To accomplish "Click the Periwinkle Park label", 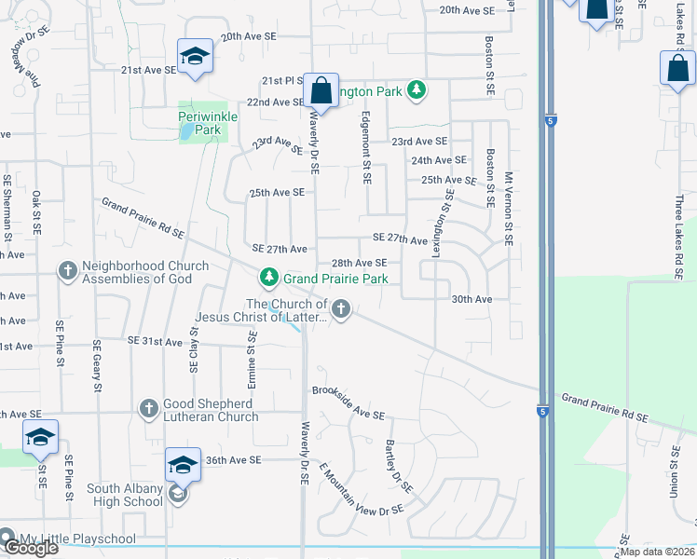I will tap(208, 123).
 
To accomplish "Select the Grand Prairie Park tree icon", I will tap(269, 277).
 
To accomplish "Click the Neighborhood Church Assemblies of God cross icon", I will tap(67, 271).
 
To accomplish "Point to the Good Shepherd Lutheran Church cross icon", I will tap(148, 408).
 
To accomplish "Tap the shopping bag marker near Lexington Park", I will tap(321, 92).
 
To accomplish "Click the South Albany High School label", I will tap(125, 495).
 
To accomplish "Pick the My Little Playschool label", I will tap(77, 539).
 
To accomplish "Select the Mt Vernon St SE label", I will tap(509, 208).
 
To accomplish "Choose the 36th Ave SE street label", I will tap(237, 460).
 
